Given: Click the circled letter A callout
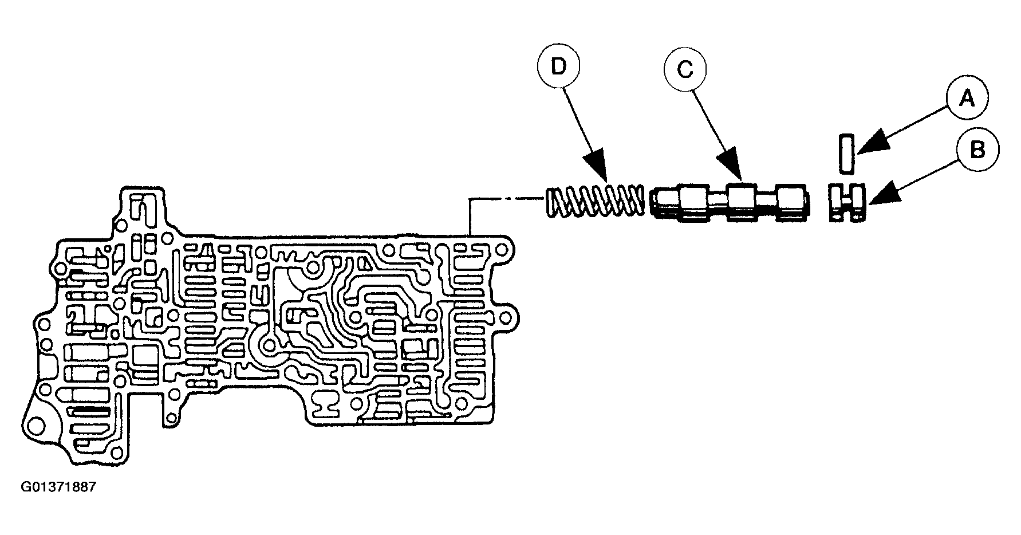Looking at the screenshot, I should (967, 100).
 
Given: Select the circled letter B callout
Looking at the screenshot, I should (978, 150).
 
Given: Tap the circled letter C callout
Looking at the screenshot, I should (685, 70).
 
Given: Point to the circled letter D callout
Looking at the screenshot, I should (558, 67).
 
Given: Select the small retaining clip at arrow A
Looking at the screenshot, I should (847, 154).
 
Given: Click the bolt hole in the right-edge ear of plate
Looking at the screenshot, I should (507, 317).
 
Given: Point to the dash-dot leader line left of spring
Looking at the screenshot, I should (506, 199).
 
